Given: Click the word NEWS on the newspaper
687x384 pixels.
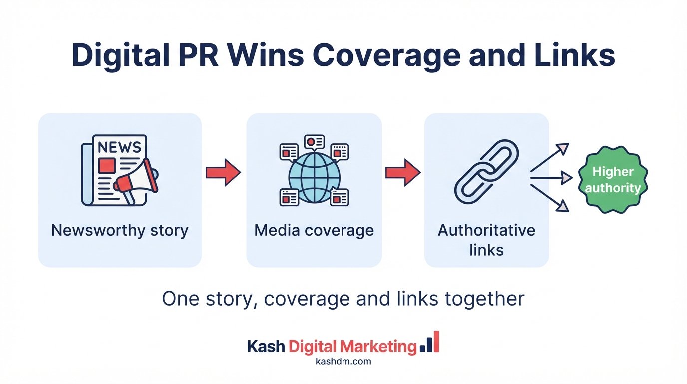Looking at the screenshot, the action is pyautogui.click(x=119, y=147).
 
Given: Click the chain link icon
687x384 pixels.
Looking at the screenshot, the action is pyautogui.click(x=486, y=172).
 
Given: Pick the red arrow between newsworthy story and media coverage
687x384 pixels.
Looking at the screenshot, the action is pyautogui.click(x=223, y=172).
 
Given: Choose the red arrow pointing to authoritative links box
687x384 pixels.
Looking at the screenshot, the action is pyautogui.click(x=403, y=172).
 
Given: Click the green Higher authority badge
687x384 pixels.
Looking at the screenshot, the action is pyautogui.click(x=613, y=179).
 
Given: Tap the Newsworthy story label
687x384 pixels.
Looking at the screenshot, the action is pyautogui.click(x=120, y=231).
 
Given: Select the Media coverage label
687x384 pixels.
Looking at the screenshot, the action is pyautogui.click(x=314, y=231).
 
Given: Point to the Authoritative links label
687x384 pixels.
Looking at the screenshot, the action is pyautogui.click(x=486, y=240).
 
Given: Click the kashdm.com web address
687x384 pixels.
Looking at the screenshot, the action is pyautogui.click(x=343, y=361).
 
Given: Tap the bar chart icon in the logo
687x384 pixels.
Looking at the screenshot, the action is pyautogui.click(x=429, y=342).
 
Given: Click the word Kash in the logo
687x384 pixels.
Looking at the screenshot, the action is pyautogui.click(x=266, y=346).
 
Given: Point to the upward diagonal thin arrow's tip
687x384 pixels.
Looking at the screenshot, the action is pyautogui.click(x=568, y=144).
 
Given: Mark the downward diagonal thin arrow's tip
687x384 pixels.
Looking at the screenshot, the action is pyautogui.click(x=568, y=211).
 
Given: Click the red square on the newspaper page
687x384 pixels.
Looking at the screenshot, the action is pyautogui.click(x=107, y=165).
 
